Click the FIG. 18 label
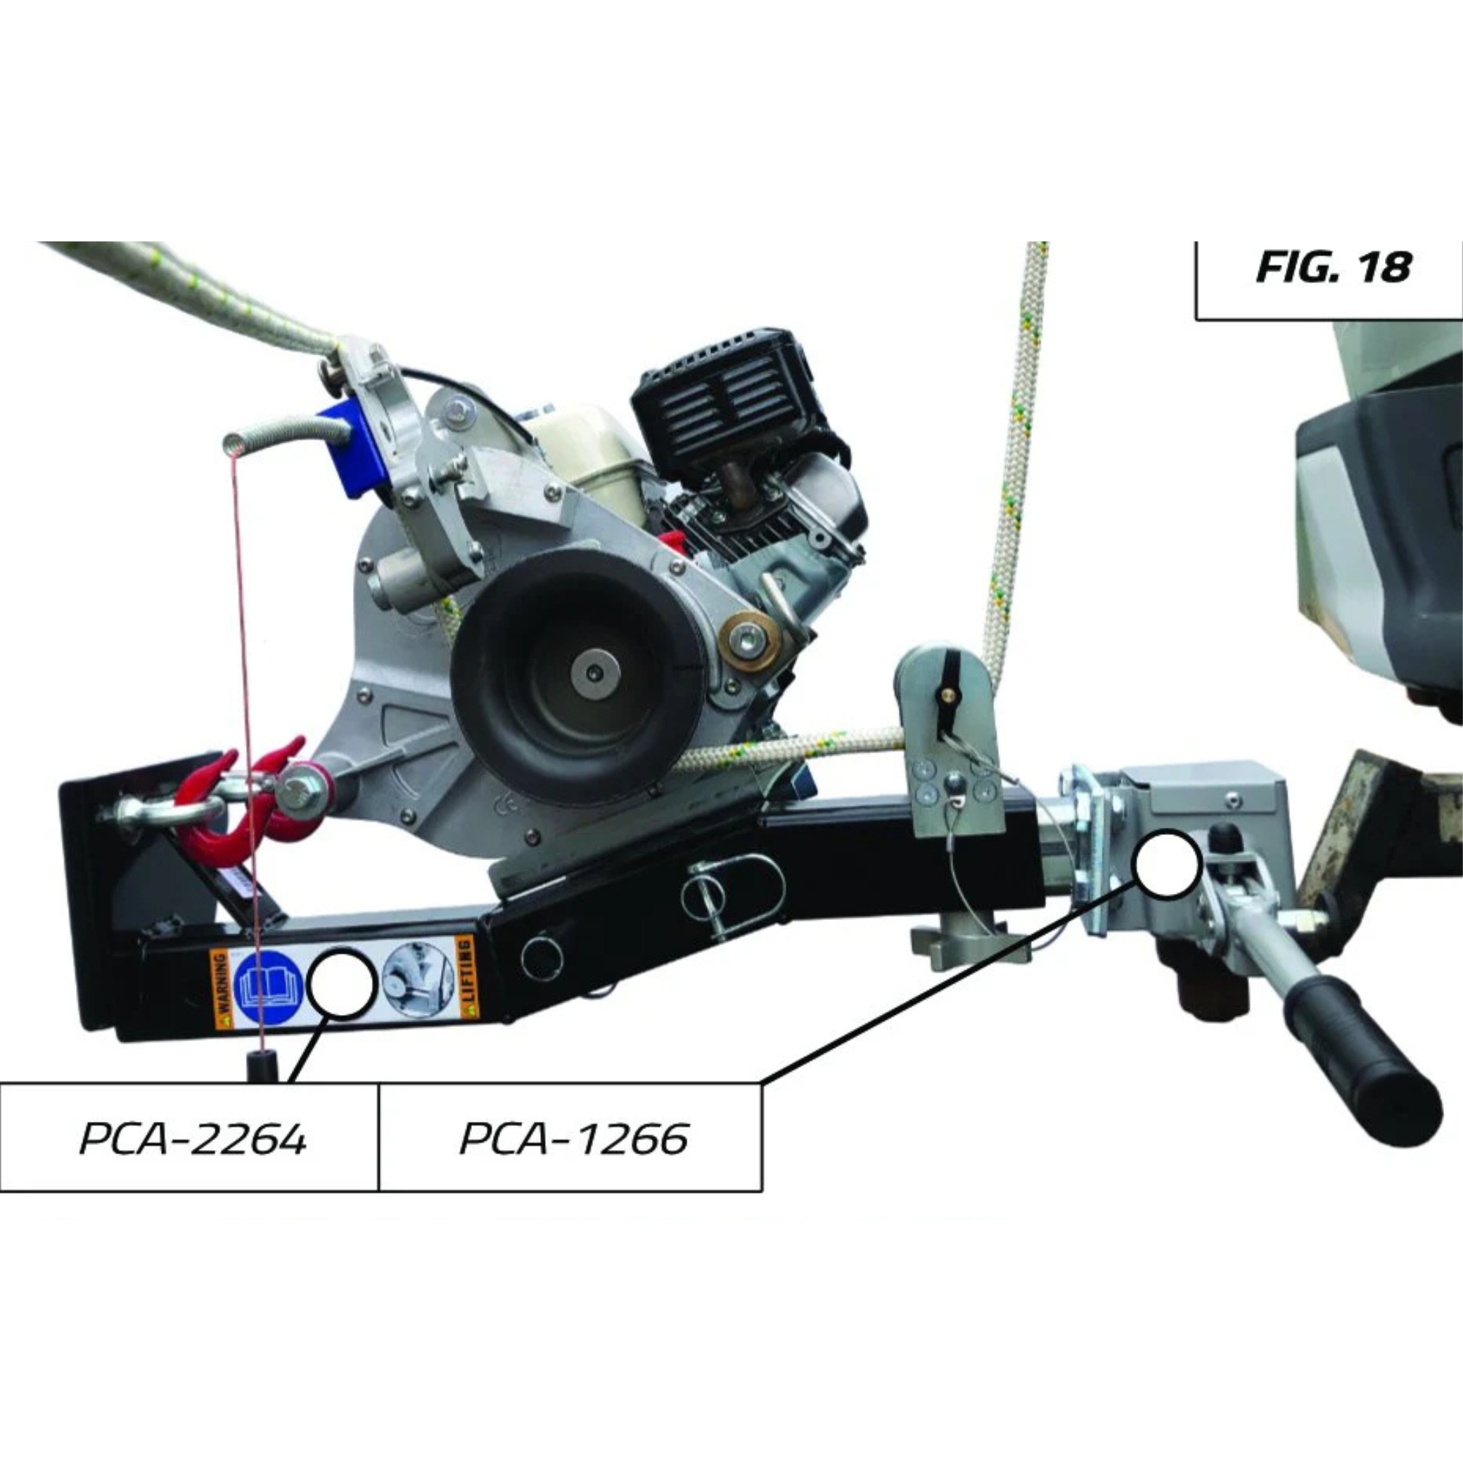(1333, 267)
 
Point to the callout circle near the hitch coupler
(1166, 864)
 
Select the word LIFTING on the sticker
(465, 977)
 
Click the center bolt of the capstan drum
(595, 672)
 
